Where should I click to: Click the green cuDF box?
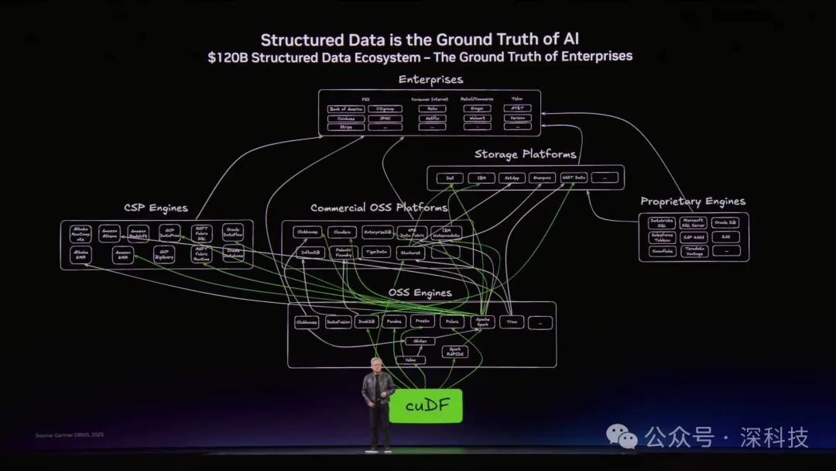(x=425, y=406)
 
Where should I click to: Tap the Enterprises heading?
(x=430, y=79)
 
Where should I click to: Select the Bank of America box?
(x=345, y=109)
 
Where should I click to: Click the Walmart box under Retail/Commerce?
(x=477, y=119)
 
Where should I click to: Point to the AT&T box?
(x=519, y=109)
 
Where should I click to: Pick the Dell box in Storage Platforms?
(x=450, y=178)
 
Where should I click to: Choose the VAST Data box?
(x=574, y=178)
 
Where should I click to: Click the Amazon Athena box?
(x=110, y=233)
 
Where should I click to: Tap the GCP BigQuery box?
(x=163, y=254)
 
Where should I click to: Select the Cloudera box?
(x=341, y=232)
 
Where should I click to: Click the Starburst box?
(x=410, y=253)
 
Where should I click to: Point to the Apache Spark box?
(x=482, y=321)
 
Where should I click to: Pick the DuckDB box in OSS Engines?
(x=367, y=321)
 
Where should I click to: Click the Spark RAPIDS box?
(x=455, y=352)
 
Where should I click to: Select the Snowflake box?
(x=661, y=251)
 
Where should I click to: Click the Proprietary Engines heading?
(x=693, y=201)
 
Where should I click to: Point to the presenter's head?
(x=377, y=364)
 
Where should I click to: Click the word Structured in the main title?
(x=303, y=40)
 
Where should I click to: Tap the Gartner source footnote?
(x=70, y=435)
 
